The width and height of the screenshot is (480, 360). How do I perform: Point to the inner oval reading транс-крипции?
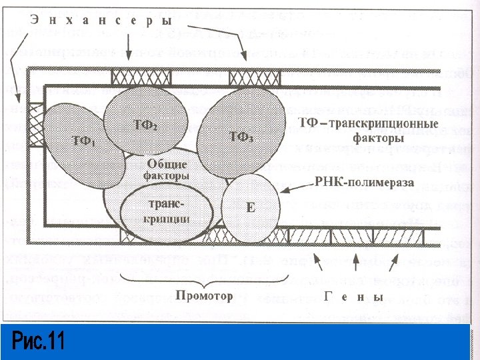point(166,212)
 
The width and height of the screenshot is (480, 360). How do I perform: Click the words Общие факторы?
point(166,170)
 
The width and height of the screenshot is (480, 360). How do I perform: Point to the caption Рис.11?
point(39,342)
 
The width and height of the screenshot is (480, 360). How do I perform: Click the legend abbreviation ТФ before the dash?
point(308,125)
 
